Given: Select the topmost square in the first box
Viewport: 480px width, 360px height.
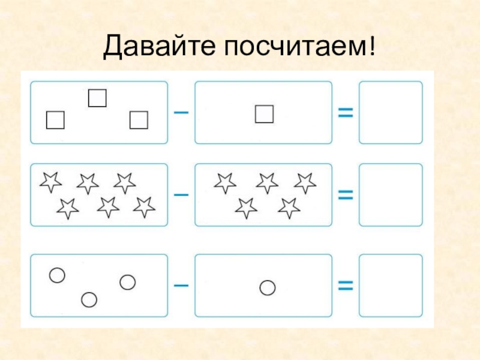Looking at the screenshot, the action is (x=97, y=98).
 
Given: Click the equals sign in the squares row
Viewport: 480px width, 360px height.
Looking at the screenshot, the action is (x=345, y=112).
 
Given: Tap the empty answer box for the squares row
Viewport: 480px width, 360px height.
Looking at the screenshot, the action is (x=391, y=113).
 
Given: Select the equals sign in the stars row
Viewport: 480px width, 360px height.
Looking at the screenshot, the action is (x=345, y=194).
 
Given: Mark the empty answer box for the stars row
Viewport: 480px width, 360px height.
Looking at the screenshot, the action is (x=391, y=194).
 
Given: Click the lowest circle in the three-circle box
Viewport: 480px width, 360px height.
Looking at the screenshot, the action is (x=89, y=299).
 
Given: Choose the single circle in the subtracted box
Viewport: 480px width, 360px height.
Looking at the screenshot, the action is (x=268, y=288).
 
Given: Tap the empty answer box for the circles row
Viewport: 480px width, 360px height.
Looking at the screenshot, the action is (x=391, y=286).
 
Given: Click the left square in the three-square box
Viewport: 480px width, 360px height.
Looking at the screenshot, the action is (x=55, y=120).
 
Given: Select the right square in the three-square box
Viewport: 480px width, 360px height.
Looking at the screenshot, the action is (x=139, y=121).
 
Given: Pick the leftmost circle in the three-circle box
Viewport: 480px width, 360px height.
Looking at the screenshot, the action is (x=56, y=275).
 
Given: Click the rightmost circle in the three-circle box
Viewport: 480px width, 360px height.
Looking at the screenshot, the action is (x=128, y=282).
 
